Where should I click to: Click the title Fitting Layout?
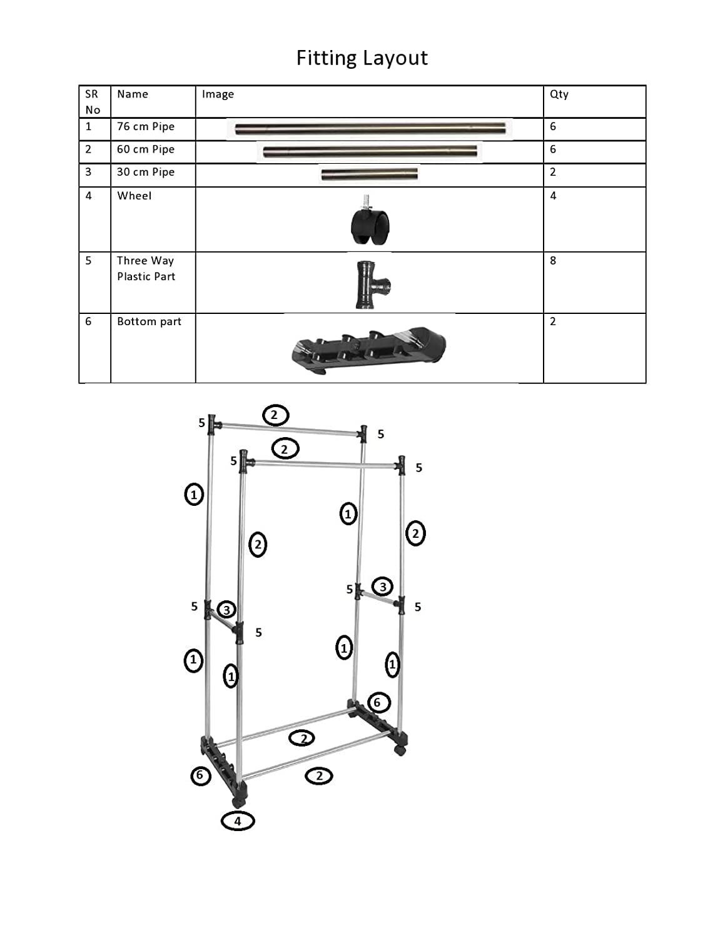(x=362, y=58)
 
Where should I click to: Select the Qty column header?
(x=559, y=94)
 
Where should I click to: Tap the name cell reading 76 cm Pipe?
(x=146, y=126)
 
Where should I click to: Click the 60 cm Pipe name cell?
(x=146, y=149)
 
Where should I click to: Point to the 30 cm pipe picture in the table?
(x=369, y=174)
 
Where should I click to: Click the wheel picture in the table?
(x=370, y=221)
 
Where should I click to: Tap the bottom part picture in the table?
(x=369, y=349)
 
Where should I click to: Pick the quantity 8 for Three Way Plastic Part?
(x=553, y=261)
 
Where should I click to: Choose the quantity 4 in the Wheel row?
(x=553, y=196)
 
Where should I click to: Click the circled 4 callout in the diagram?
(x=238, y=821)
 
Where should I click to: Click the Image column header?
(x=218, y=94)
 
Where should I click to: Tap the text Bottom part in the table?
(x=149, y=321)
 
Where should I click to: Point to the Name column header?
(x=133, y=94)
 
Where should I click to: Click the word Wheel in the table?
(x=134, y=196)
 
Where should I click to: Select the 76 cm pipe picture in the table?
(x=370, y=129)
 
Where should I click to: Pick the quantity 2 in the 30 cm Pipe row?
(x=553, y=172)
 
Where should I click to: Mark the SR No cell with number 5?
(x=88, y=261)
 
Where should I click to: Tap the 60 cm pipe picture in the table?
(x=370, y=152)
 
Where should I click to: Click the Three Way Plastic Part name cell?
(x=146, y=268)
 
